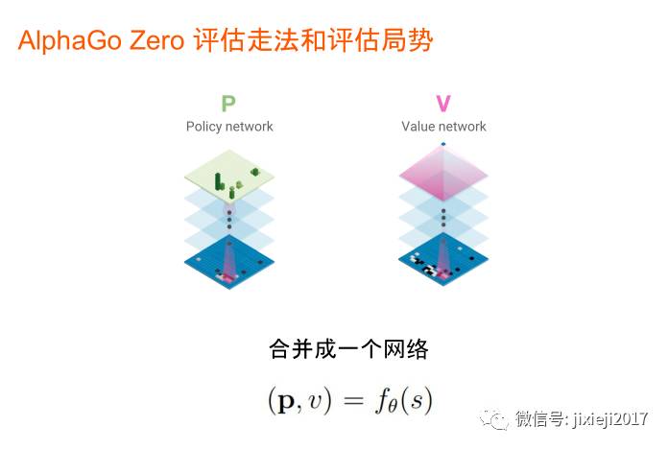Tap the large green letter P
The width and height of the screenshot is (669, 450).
pos(228,104)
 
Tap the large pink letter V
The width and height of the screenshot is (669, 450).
pos(442,104)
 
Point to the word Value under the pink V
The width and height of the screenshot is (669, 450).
pos(418,127)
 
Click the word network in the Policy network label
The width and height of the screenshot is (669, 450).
pos(250,127)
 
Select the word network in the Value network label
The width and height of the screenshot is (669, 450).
pos(463,127)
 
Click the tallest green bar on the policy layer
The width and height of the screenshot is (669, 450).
pos(218,179)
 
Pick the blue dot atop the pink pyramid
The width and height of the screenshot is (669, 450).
pos(442,145)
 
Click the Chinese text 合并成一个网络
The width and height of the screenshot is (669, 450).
pos(348,348)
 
